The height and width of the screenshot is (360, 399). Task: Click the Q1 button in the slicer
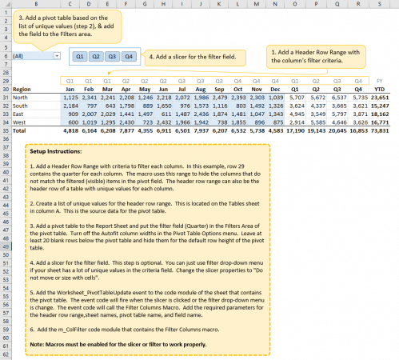tap(80, 57)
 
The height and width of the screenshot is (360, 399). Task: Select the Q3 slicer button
tap(110, 57)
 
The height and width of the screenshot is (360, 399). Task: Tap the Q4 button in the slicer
tap(126, 57)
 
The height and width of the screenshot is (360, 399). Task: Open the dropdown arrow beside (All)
tap(56, 57)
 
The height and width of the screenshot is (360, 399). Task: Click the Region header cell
tap(22, 90)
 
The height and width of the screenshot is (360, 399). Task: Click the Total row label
tap(20, 130)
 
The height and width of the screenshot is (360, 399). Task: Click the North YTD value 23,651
tap(380, 98)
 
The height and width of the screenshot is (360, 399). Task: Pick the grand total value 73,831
tap(380, 130)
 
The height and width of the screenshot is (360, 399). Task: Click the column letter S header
tap(380, 4)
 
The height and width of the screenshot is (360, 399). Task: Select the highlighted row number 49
tap(5, 248)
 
